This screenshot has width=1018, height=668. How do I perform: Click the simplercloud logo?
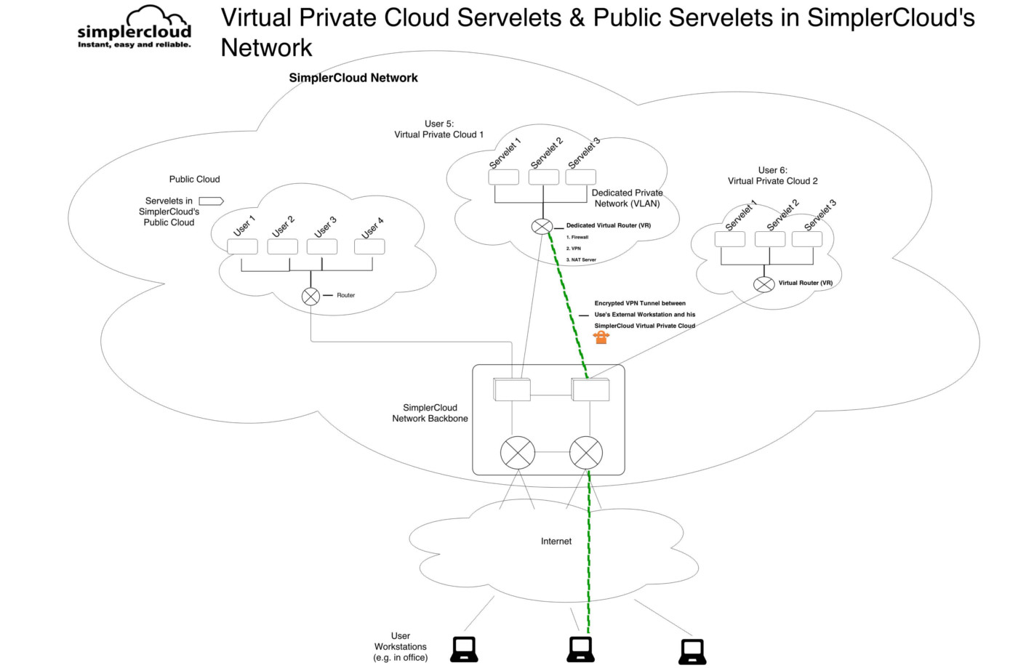coord(135,28)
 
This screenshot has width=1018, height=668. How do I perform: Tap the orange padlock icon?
coord(601,337)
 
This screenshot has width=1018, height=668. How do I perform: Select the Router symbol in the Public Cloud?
coord(310,296)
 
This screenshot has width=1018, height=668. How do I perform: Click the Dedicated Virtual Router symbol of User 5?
coord(542,227)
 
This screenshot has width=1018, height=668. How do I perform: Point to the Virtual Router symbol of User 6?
coord(763,284)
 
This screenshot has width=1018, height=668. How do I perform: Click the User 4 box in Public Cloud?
coord(369,247)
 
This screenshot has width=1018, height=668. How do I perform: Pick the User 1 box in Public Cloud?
coord(242,247)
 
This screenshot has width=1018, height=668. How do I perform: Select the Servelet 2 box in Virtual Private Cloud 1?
coord(544,177)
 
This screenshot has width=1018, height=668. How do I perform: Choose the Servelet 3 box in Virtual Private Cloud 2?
coord(807,239)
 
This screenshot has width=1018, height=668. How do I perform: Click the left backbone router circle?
coord(518,452)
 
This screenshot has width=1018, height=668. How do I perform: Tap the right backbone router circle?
coord(586,452)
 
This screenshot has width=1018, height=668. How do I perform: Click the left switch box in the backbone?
coord(512,390)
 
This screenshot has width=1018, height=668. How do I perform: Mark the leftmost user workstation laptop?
coord(464,649)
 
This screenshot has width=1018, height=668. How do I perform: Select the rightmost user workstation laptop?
coord(692,651)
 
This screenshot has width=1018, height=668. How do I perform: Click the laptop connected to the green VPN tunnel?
coord(580,649)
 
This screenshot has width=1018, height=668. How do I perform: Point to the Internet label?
coord(556,542)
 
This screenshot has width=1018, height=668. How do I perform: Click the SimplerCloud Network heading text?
coord(353,78)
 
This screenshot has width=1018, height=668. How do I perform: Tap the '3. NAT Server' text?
coord(581,259)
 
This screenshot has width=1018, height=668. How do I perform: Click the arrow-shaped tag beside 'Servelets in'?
coord(211,201)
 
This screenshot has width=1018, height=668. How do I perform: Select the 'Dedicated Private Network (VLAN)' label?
coord(627,198)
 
